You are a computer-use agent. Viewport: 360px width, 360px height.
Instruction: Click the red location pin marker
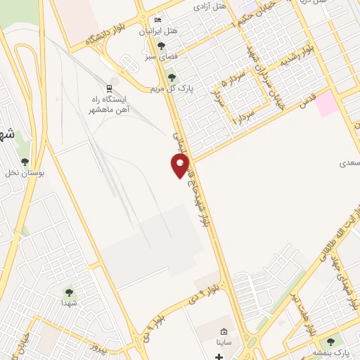pos(181,165)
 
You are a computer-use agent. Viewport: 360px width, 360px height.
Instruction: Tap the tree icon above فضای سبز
pos(161,46)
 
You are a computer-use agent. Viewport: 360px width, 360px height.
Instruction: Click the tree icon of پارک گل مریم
pos(170,77)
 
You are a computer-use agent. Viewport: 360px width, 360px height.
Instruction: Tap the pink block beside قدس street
pos(326,104)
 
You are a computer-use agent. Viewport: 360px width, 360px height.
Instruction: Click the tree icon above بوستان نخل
pos(25,162)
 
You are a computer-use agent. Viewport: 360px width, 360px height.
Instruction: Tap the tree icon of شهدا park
pos(69,291)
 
